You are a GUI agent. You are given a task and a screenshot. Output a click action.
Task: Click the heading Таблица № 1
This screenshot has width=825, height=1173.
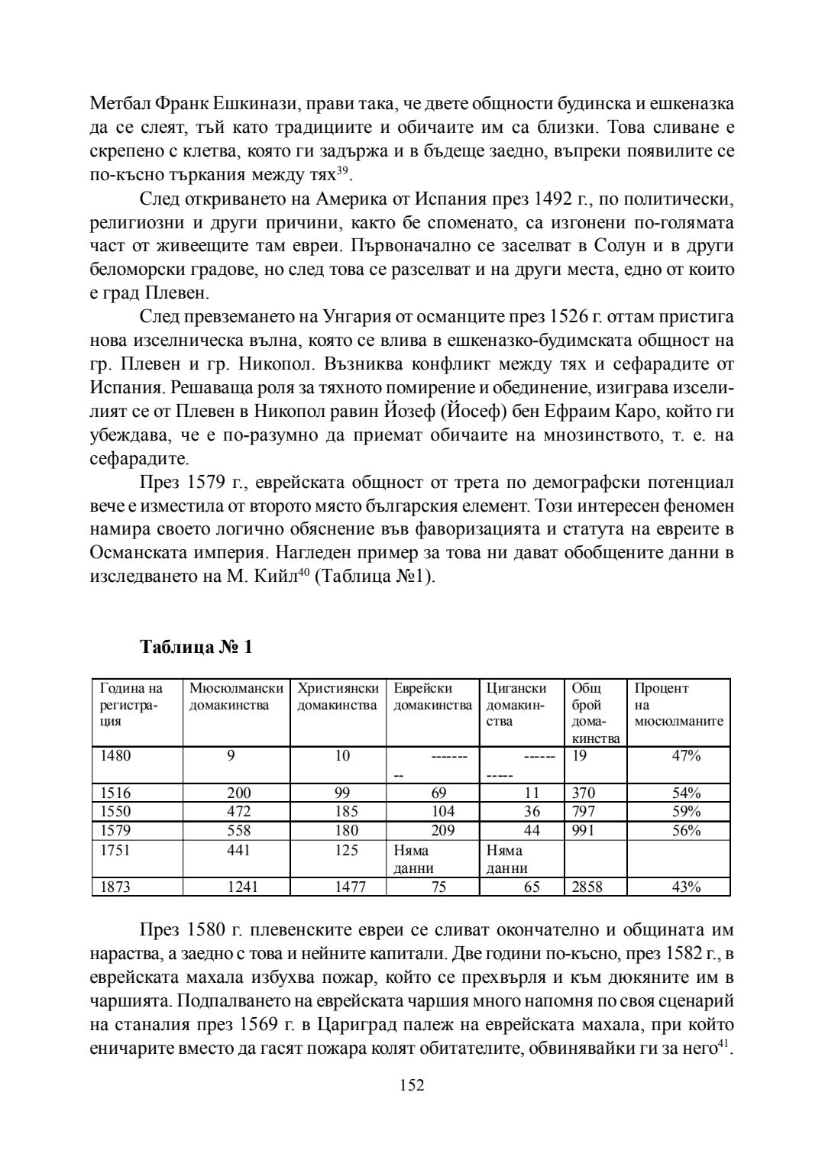pyautogui.click(x=196, y=648)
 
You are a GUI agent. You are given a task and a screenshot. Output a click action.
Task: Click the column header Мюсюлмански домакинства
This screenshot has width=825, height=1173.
pyautogui.click(x=236, y=696)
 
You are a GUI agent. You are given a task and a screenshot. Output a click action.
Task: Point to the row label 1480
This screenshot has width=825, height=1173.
pyautogui.click(x=116, y=756)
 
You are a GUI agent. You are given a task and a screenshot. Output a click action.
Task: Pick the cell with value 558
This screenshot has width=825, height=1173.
pyautogui.click(x=238, y=830)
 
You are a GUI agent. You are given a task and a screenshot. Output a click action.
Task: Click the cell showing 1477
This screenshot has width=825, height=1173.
pyautogui.click(x=351, y=887)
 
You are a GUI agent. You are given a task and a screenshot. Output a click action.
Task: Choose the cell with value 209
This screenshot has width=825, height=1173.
pyautogui.click(x=442, y=830)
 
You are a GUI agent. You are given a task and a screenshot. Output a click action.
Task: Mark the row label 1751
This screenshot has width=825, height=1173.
pyautogui.click(x=116, y=849)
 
